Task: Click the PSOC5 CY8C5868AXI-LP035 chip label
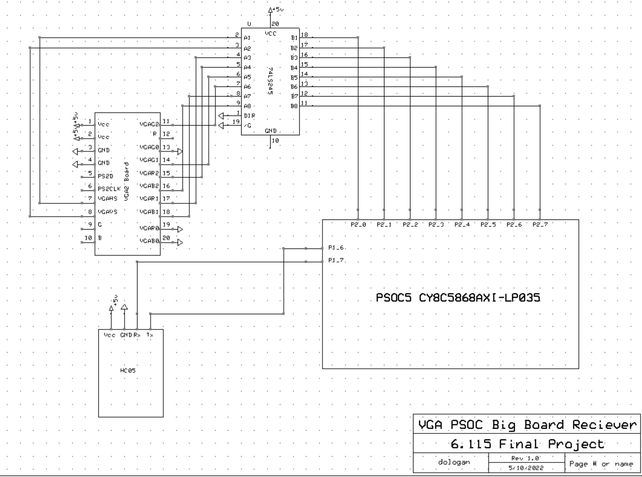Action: click(458, 298)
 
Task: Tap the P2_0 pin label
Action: click(358, 224)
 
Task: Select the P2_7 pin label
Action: click(540, 224)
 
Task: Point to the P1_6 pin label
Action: click(336, 248)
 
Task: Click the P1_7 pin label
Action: click(336, 260)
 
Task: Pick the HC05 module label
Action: click(128, 371)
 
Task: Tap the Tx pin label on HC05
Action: click(150, 335)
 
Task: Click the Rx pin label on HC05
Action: click(137, 335)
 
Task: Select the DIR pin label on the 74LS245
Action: click(249, 116)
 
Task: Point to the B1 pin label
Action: click(294, 38)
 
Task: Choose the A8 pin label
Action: click(247, 106)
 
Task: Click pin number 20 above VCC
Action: click(275, 24)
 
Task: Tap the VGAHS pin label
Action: click(108, 198)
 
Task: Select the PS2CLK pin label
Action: click(109, 189)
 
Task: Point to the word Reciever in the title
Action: click(604, 425)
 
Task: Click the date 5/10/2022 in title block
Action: click(526, 468)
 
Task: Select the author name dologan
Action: click(454, 462)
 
